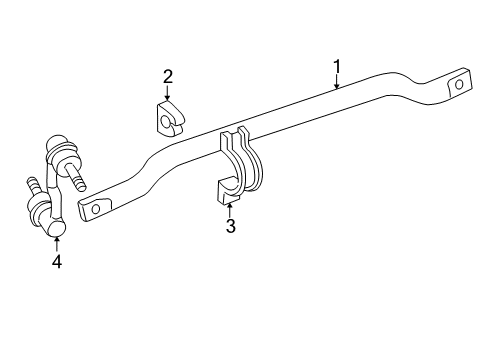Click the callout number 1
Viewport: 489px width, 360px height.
[x=337, y=67]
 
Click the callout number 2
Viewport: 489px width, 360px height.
[x=168, y=75]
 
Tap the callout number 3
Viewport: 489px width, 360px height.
[x=230, y=226]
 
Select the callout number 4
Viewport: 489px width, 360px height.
[x=57, y=262]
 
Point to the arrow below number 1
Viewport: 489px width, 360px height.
[x=337, y=83]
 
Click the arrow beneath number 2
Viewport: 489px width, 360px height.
[x=168, y=92]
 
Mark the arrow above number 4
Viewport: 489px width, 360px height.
[x=57, y=242]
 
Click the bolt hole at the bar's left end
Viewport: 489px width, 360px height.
[x=96, y=208]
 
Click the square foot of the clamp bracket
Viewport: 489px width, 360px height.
[x=220, y=190]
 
